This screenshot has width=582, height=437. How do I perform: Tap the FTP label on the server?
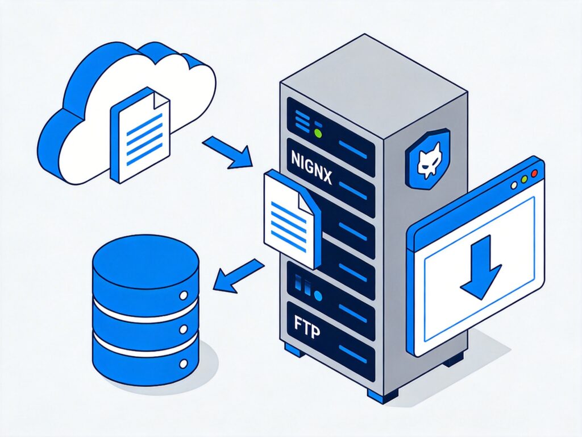point(305,329)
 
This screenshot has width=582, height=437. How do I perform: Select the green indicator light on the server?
point(318,134)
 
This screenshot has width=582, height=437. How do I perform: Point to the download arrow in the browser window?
point(480,266)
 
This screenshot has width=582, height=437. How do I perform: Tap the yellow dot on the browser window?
point(523,179)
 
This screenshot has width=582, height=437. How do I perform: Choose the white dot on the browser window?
point(514,184)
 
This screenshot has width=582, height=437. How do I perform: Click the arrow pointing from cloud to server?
point(228,152)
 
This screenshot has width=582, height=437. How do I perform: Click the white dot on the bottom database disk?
point(184,362)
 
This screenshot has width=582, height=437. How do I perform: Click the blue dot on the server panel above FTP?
point(318,296)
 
